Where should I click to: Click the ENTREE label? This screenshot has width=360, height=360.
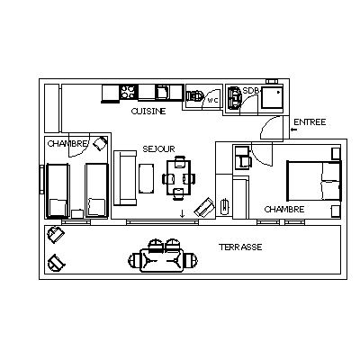[x=310, y=122]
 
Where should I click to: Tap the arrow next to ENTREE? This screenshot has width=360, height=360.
[x=293, y=130]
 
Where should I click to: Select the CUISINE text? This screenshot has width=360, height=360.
[x=148, y=112]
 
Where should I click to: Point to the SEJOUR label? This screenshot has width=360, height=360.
[x=158, y=149]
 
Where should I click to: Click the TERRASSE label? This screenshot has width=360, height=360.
[x=240, y=247]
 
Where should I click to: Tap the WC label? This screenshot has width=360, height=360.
[x=212, y=101]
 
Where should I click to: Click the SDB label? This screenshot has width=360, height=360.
[x=250, y=90]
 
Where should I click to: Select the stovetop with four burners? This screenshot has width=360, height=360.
[x=128, y=92]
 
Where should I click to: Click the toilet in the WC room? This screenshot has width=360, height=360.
[x=195, y=96]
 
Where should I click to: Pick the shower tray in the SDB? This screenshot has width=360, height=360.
[x=272, y=96]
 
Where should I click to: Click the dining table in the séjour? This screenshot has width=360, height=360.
[x=179, y=177]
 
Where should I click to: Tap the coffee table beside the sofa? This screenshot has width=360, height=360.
[x=147, y=178]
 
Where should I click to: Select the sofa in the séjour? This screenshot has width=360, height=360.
[x=125, y=178]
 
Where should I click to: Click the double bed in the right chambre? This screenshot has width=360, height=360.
[x=314, y=181]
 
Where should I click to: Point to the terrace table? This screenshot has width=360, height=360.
[x=162, y=259]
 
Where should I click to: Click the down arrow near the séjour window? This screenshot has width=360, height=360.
[x=182, y=213]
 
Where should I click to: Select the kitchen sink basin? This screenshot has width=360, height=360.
[x=162, y=92]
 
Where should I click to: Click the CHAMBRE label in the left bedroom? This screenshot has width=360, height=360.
[x=67, y=144]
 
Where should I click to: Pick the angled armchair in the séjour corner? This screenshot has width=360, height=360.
[x=204, y=207]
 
